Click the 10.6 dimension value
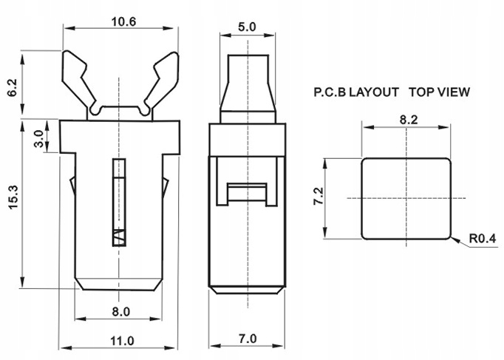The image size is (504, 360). pyautogui.click(x=123, y=21)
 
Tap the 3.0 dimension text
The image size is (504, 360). pyautogui.click(x=38, y=137)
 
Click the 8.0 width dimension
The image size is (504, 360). pyautogui.click(x=121, y=312)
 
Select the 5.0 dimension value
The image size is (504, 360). pyautogui.click(x=247, y=27)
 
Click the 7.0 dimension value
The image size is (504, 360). pyautogui.click(x=247, y=339)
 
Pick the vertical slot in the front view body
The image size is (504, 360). pyautogui.click(x=118, y=200)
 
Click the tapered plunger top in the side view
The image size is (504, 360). pyautogui.click(x=248, y=89)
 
